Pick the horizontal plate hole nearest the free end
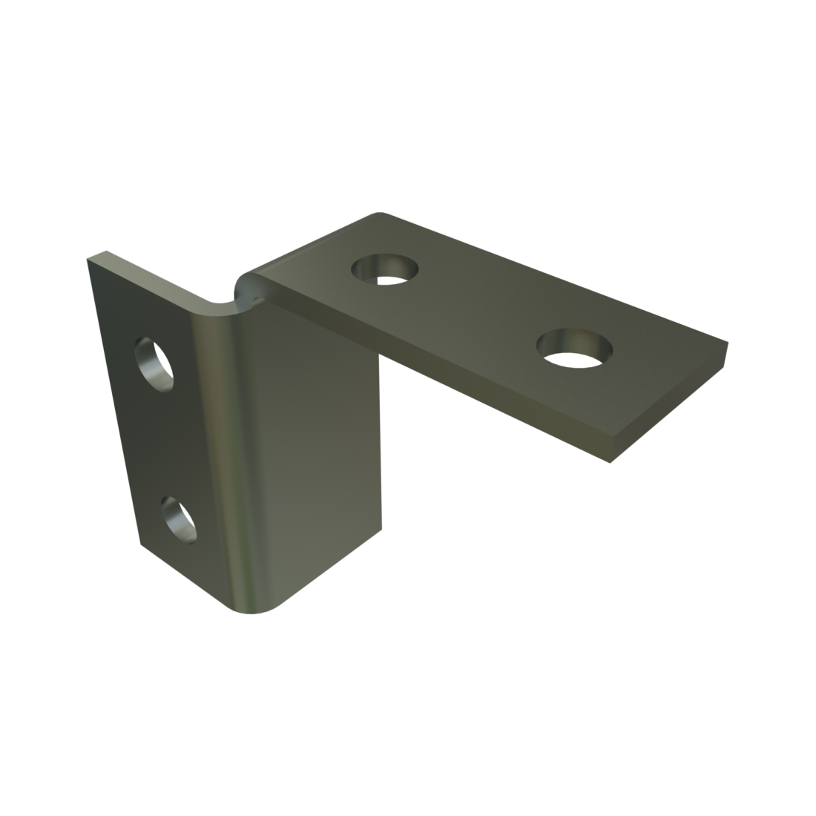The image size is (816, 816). coord(576,349)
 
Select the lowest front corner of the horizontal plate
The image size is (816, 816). coord(610,462)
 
